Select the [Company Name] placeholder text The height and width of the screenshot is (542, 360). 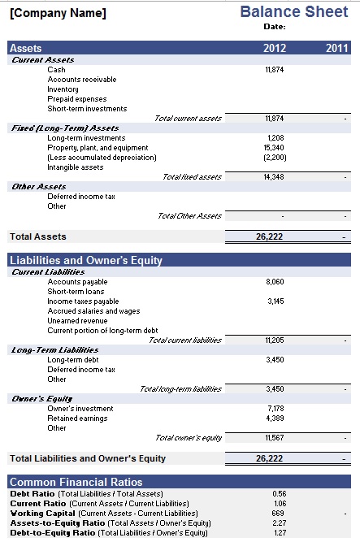58,14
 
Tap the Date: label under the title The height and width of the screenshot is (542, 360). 274,27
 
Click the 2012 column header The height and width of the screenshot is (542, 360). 275,49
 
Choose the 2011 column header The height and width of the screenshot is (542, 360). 336,49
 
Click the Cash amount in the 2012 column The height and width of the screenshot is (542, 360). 274,70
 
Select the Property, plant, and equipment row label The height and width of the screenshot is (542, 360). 98,148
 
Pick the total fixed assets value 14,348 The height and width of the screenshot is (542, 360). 274,177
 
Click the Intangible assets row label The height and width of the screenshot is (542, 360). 76,167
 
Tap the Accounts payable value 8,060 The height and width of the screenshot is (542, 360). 275,282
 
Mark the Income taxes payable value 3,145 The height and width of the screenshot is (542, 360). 275,301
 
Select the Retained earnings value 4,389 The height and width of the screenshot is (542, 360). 275,418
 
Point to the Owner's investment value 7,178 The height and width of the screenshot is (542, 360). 275,409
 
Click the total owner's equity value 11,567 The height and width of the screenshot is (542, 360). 274,438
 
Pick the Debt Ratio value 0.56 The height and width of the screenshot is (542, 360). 279,494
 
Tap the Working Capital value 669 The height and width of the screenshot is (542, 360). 278,514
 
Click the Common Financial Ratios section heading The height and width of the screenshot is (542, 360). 76,482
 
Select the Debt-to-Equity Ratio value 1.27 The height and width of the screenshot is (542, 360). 279,533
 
